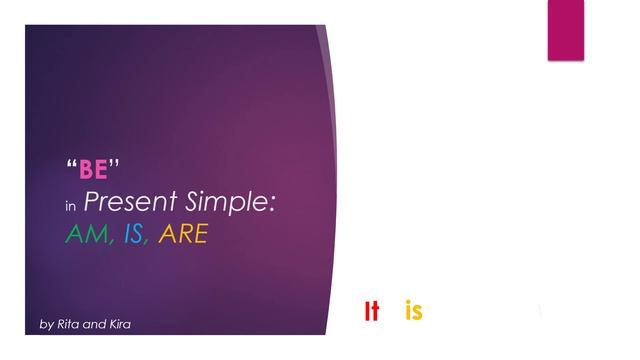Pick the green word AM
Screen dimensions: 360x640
(x=82, y=237)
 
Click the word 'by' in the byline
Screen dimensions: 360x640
(x=46, y=325)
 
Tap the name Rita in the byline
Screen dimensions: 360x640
(x=70, y=324)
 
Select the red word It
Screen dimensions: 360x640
(x=372, y=312)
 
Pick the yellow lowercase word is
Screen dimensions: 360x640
(x=414, y=312)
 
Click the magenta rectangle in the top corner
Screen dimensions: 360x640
(x=565, y=30)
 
